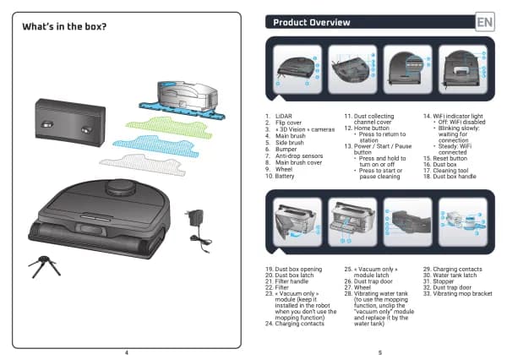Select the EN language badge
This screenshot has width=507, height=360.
[485, 22]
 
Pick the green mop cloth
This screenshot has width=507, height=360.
[160, 127]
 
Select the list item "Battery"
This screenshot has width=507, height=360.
[289, 176]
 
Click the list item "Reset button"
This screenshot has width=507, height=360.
[453, 158]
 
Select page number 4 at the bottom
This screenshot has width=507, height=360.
[127, 352]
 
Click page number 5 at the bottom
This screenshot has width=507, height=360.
[380, 352]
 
